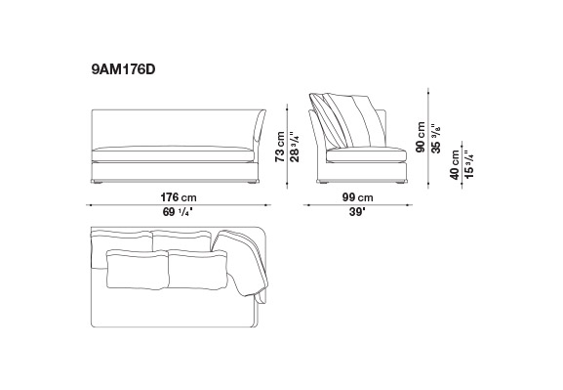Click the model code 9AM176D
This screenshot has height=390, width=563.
[123, 69]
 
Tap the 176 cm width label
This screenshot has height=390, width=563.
[179, 197]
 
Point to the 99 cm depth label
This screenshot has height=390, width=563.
[358, 197]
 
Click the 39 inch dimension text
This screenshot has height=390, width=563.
[357, 212]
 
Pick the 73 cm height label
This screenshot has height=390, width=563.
[280, 147]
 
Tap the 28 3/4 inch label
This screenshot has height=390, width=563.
[295, 147]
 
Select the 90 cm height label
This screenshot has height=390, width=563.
[421, 137]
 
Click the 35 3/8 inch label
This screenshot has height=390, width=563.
[435, 139]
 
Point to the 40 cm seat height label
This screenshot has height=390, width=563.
[455, 165]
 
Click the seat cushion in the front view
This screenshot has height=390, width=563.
[173, 153]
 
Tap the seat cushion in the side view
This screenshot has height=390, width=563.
[366, 154]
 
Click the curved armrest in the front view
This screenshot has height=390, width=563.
[260, 126]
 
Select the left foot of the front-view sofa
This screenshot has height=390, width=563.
[97, 182]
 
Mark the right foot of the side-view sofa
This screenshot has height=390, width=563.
[401, 182]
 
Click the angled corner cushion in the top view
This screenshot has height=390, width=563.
[241, 263]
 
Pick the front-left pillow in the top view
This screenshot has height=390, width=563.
[138, 270]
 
